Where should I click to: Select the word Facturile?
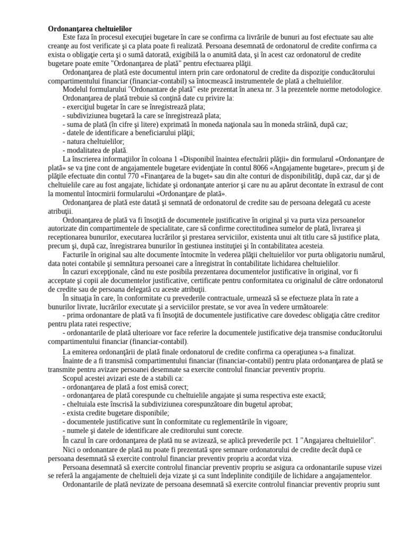(x=79, y=254)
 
